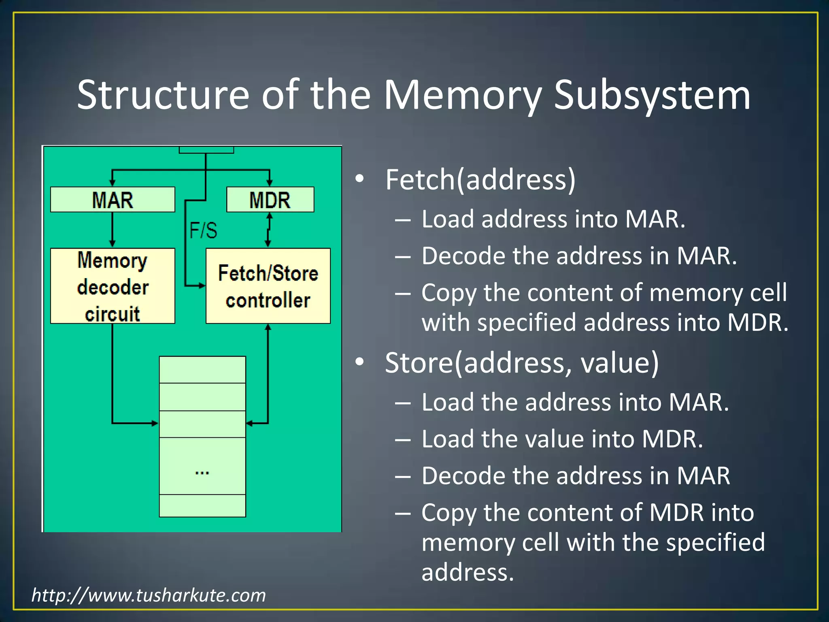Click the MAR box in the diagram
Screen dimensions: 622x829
(113, 200)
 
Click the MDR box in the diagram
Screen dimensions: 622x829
(270, 200)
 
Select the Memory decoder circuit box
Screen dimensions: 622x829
(113, 286)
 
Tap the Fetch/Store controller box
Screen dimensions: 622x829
(268, 286)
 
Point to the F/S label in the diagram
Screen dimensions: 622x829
(203, 230)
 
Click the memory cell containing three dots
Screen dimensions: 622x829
(202, 466)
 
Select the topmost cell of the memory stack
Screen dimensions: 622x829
(202, 370)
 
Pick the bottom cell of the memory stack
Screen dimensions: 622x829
(202, 506)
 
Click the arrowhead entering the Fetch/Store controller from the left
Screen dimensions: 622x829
(202, 286)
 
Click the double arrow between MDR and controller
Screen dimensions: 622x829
(268, 230)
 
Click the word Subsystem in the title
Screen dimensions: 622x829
(652, 96)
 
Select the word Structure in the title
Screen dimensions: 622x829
(163, 96)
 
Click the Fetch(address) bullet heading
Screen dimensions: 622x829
(480, 179)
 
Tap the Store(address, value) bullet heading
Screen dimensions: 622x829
(522, 362)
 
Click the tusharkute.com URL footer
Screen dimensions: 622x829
(149, 595)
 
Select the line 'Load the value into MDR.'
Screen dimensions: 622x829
(562, 439)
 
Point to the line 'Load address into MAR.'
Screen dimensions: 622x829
(553, 219)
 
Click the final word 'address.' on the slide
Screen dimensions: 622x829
(468, 573)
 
